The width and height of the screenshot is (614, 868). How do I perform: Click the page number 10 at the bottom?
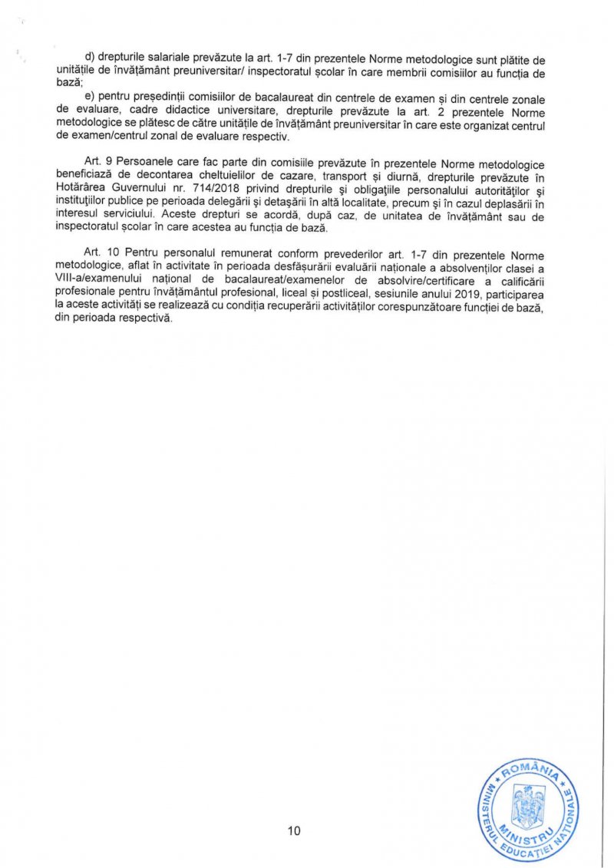tap(295, 831)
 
